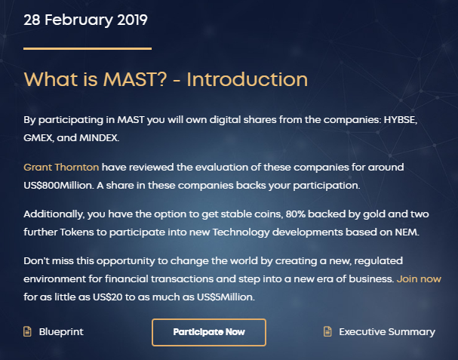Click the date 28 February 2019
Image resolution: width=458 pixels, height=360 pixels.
click(x=85, y=20)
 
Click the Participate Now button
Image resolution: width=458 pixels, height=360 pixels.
click(x=209, y=332)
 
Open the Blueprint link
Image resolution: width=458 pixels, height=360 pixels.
click(x=61, y=332)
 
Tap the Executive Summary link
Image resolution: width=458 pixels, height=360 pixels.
click(x=387, y=332)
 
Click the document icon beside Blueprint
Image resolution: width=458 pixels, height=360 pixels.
click(x=27, y=331)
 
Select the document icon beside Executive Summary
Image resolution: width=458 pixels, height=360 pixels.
click(x=327, y=331)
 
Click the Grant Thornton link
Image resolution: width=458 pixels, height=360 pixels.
click(x=61, y=167)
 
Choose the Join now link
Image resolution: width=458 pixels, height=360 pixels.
click(x=419, y=278)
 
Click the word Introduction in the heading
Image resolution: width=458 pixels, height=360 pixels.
click(x=247, y=79)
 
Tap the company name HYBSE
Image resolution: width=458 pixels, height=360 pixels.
click(x=400, y=120)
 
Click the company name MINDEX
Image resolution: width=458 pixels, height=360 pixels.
click(x=99, y=138)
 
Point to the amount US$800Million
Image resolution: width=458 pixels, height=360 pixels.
click(x=59, y=185)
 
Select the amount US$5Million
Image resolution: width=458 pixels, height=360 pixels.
click(x=226, y=297)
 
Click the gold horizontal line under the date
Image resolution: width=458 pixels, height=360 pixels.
click(x=88, y=48)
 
